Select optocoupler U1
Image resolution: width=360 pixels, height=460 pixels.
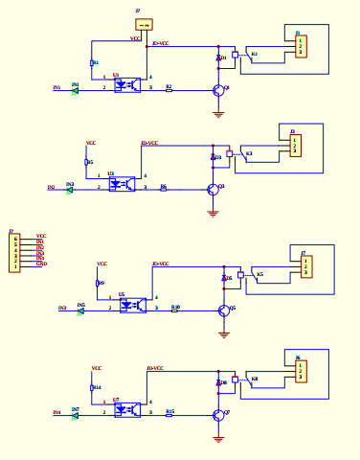127,83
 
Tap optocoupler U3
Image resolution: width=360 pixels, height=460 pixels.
122,182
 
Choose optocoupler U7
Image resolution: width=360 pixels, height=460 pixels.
126,408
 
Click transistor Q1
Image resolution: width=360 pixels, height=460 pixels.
220,90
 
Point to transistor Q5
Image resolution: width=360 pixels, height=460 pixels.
224,310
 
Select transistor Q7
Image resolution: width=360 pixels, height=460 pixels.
220,414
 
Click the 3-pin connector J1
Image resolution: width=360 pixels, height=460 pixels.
301,45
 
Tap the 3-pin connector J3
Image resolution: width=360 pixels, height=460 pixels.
296,144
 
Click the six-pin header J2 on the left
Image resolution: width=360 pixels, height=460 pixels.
14,251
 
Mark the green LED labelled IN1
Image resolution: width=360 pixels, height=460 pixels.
75,90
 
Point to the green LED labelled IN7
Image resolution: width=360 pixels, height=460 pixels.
75,414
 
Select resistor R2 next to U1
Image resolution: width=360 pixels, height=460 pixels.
169,90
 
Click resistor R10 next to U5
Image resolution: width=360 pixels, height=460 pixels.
175,310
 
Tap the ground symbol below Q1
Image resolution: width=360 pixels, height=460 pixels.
219,114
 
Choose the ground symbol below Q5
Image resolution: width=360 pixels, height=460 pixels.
224,333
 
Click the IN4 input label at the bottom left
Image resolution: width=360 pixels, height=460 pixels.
56,413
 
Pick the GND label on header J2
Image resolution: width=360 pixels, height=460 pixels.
41,264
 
